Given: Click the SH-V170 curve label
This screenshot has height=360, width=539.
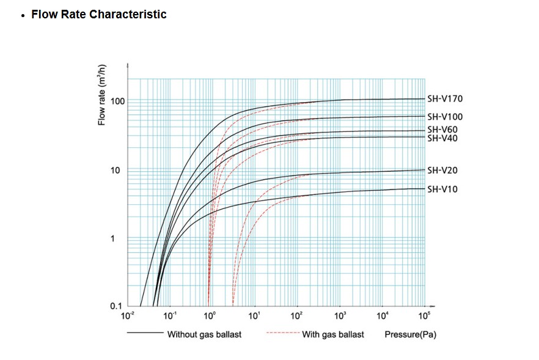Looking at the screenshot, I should pos(445,99).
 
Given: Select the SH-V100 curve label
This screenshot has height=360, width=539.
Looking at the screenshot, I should pos(445,117).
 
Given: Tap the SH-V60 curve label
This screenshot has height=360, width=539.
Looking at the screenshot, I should pos(442,130).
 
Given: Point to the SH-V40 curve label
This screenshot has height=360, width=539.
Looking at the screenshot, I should pos(442,138).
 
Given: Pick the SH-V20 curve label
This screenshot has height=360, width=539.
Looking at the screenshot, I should pos(442,171).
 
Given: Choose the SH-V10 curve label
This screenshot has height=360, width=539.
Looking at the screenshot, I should pos(442,189).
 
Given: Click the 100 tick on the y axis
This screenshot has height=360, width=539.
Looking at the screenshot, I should pos(117,101).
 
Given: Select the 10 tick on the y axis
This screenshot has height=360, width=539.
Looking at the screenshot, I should pos(116,170).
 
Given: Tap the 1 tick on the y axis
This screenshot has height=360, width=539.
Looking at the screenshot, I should pos(113,238).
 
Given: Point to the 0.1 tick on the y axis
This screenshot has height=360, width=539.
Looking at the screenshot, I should pos(116,306).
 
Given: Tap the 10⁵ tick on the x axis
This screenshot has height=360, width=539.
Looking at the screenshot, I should pos(425,315).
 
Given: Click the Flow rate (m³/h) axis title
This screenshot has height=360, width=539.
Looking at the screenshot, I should pos(103,94).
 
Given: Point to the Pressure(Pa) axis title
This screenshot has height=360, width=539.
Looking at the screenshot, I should pos(410,334).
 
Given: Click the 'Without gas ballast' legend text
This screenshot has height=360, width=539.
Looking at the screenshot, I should pos(204,334).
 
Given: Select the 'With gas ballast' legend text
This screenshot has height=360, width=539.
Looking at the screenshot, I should pos(333,334).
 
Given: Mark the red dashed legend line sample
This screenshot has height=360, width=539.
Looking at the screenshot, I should pos(282,334).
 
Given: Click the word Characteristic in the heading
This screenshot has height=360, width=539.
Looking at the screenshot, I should pos(128,14).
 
